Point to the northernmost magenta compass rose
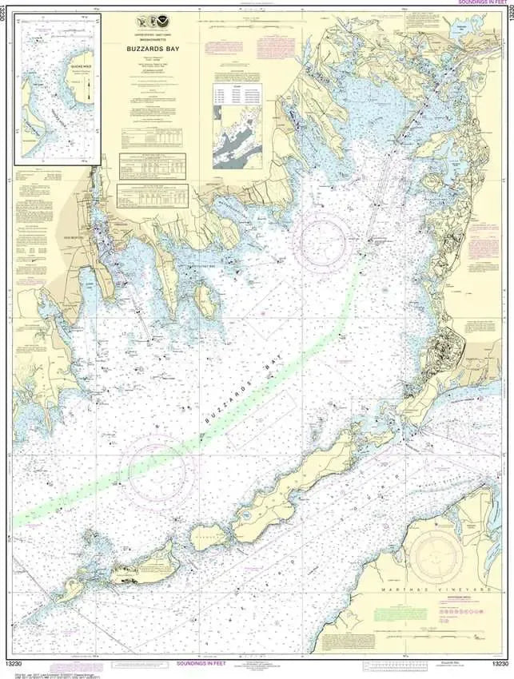(321, 235)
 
